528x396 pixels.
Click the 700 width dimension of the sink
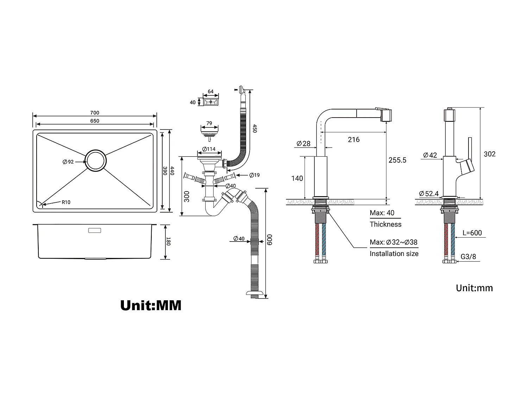(x=95, y=113)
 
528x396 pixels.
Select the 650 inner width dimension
(x=95, y=121)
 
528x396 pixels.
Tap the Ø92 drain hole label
(x=68, y=162)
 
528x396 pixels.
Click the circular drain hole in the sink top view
(x=96, y=161)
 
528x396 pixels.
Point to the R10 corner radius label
(x=66, y=202)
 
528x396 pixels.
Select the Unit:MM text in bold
(x=151, y=305)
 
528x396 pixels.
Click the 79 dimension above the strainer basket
(x=209, y=124)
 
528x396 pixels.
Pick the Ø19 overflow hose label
(x=254, y=175)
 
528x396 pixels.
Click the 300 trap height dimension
(x=187, y=196)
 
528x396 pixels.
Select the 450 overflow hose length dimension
(x=254, y=128)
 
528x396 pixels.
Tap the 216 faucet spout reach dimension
(x=354, y=140)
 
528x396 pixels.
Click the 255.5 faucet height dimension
(x=397, y=160)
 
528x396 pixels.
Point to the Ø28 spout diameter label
(x=303, y=143)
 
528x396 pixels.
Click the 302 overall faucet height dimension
(x=489, y=154)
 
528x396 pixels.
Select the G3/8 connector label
(x=468, y=257)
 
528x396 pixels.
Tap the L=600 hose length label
(x=472, y=233)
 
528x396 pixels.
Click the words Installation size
(x=394, y=253)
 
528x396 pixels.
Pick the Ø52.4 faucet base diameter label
(x=429, y=194)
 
